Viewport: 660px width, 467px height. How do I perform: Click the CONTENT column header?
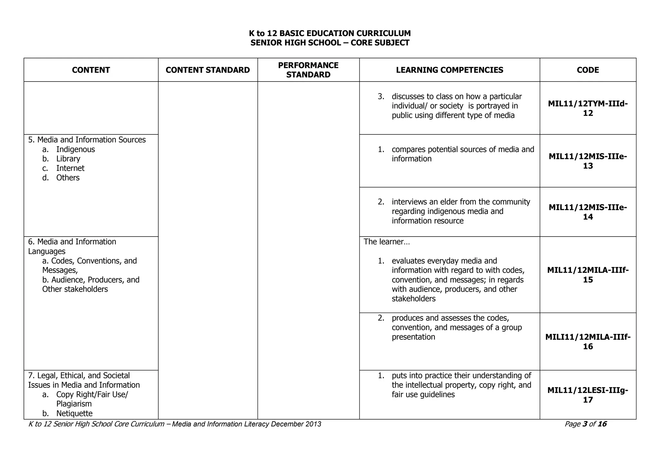click(91, 70)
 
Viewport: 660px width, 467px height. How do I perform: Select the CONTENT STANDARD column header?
click(208, 70)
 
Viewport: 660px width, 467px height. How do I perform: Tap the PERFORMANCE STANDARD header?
click(308, 70)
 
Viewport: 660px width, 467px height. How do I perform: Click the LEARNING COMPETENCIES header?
click(449, 70)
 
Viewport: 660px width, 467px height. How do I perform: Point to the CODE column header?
click(588, 70)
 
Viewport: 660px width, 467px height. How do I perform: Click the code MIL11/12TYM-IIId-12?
click(588, 108)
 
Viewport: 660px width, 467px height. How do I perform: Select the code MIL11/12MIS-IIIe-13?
click(588, 161)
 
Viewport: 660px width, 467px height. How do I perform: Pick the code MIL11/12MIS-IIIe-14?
click(588, 212)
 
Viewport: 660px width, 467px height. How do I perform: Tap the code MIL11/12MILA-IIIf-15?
click(588, 275)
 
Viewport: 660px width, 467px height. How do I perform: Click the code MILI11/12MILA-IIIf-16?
click(588, 342)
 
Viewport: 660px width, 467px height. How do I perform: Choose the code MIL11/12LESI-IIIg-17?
click(588, 395)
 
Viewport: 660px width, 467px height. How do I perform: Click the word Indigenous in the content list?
click(75, 149)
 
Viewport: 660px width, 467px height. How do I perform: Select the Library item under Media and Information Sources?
click(68, 159)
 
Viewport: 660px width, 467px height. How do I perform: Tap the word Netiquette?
click(74, 413)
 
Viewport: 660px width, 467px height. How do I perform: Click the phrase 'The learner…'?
click(387, 242)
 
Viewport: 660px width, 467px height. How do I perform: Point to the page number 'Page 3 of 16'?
click(585, 424)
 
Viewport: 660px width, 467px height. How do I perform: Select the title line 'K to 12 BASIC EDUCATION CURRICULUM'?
click(330, 33)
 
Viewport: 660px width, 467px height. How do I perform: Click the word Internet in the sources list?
click(70, 168)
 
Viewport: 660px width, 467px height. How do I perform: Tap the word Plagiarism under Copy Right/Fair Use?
click(74, 404)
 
